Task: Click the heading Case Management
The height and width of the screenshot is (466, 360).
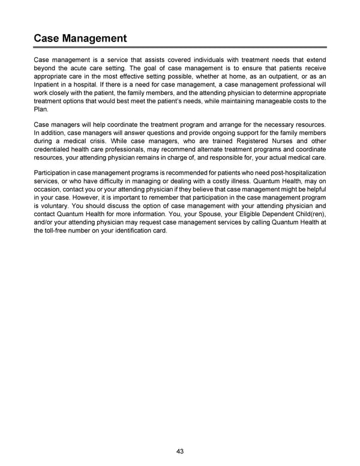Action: pyautogui.click(x=80, y=38)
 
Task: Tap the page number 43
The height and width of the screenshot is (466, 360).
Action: pyautogui.click(x=179, y=452)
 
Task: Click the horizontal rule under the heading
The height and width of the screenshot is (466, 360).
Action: pyautogui.click(x=179, y=47)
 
